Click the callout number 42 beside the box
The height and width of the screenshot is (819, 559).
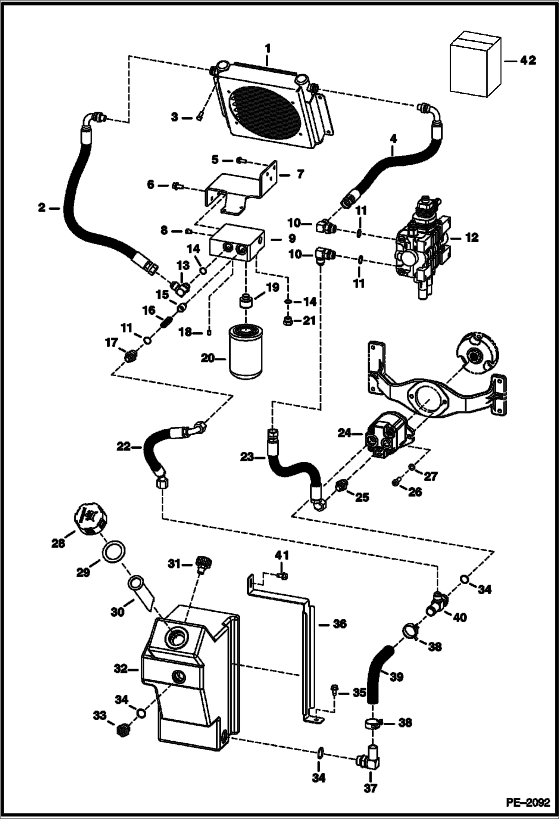pos(528,60)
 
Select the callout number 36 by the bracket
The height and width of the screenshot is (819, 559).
pos(340,624)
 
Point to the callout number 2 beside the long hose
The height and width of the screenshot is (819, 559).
pos(42,208)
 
